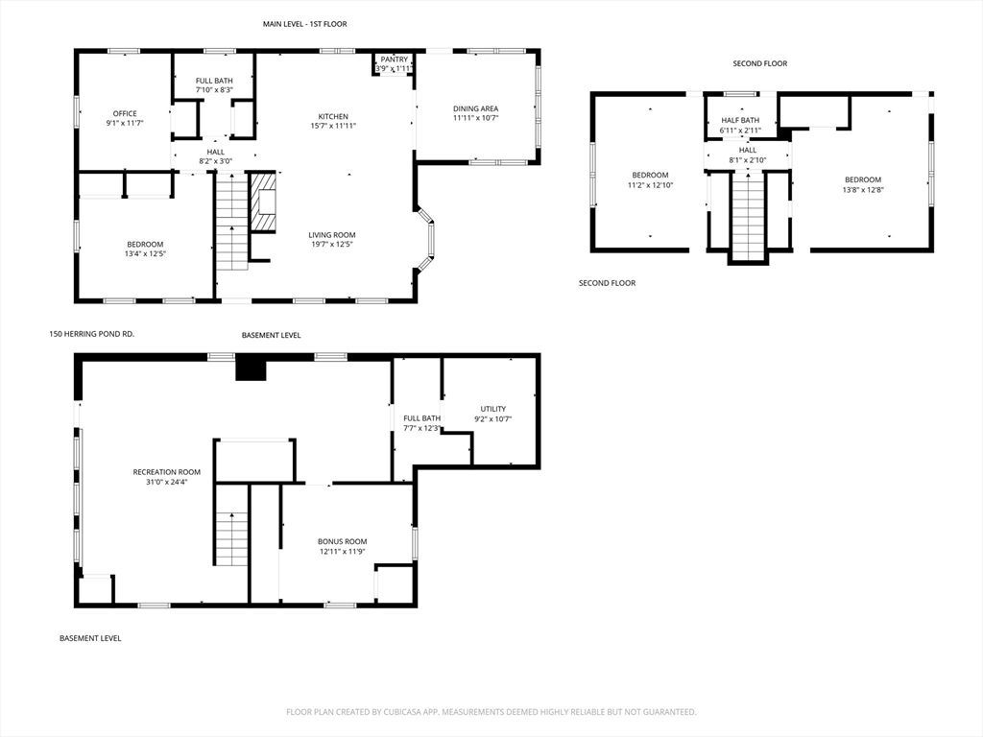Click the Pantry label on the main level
tap(395, 59)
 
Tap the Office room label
tap(125, 113)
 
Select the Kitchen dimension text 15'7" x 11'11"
tap(333, 126)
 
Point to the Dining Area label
tap(476, 108)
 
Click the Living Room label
tap(332, 235)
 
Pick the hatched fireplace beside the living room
tap(263, 202)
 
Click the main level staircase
tap(232, 222)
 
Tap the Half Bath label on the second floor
tap(740, 120)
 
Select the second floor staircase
tap(748, 216)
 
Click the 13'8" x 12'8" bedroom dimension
tap(863, 190)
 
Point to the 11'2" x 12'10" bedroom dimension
tap(650, 185)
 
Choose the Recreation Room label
tap(167, 472)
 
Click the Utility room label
tap(493, 409)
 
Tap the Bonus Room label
tap(343, 541)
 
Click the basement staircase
tap(232, 525)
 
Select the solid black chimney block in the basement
tap(251, 368)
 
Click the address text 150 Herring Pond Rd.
tap(91, 334)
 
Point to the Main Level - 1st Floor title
tap(304, 24)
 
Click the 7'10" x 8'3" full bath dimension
tap(214, 90)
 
